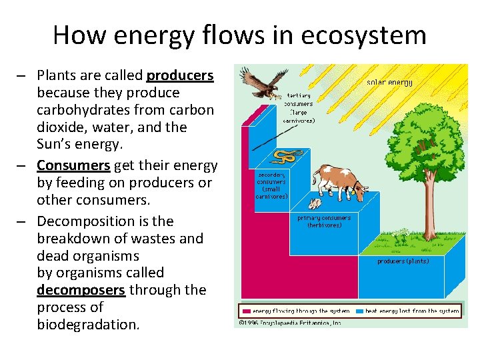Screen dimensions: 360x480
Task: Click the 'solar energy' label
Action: click(389, 83)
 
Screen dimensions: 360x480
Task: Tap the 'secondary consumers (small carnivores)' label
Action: click(272, 185)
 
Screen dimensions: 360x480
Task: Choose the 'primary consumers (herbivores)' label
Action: click(324, 221)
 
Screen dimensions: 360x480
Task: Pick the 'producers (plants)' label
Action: click(403, 261)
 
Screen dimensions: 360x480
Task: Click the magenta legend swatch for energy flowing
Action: click(246, 311)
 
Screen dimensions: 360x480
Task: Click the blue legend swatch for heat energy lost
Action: click(359, 311)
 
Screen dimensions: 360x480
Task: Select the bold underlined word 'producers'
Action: click(180, 75)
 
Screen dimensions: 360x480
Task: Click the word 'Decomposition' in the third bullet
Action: click(86, 221)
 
